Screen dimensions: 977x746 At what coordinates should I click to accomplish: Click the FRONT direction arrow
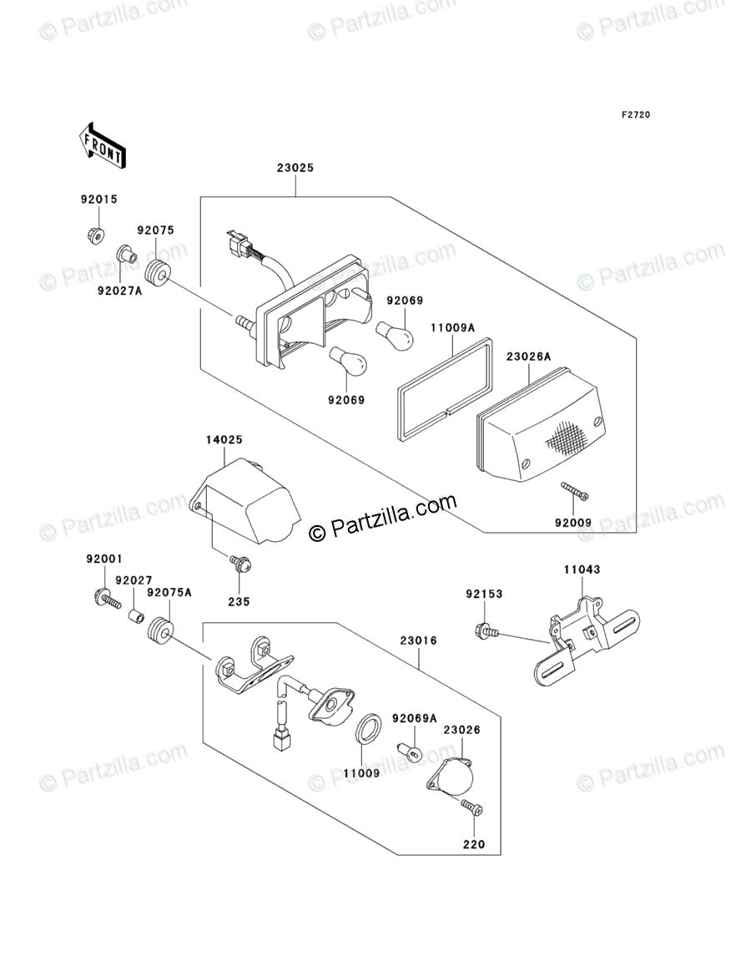[102, 143]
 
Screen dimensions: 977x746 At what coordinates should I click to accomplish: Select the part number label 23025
[295, 168]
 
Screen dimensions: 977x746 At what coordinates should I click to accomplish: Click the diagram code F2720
[634, 114]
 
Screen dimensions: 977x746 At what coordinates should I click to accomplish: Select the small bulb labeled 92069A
[411, 749]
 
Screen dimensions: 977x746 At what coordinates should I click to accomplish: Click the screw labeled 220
[472, 807]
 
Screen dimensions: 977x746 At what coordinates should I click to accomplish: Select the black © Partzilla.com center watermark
[384, 518]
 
